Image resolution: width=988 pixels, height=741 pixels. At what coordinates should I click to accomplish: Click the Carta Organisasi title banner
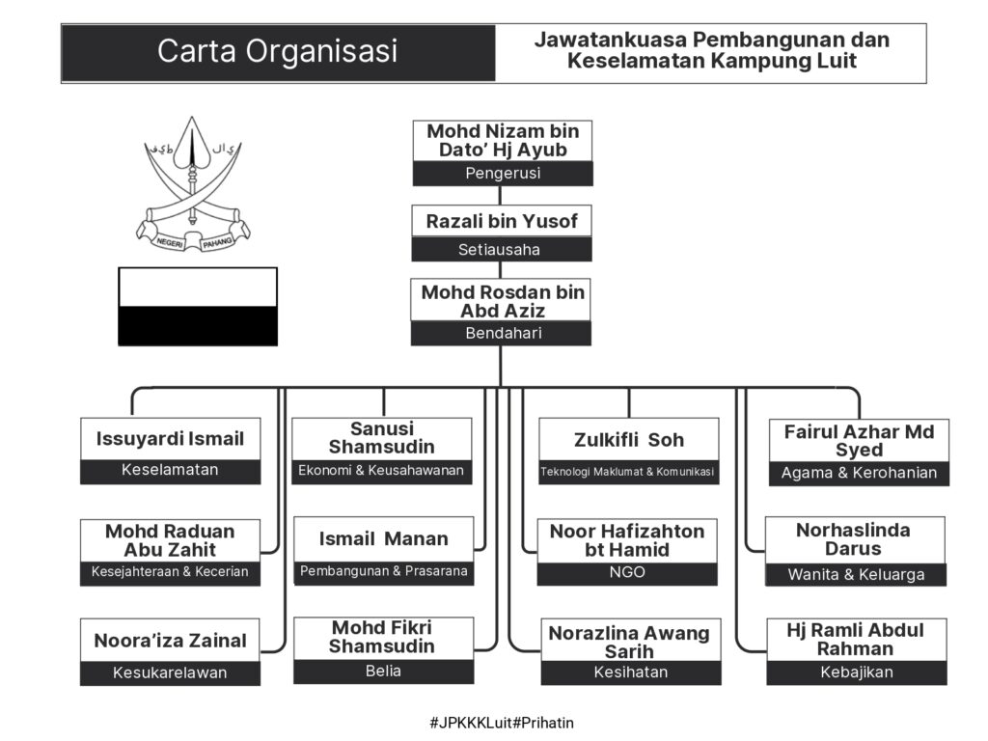278,52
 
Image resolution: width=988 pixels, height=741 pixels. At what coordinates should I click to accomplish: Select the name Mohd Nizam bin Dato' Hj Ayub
502,141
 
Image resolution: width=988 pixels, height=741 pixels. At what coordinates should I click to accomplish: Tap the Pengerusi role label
502,174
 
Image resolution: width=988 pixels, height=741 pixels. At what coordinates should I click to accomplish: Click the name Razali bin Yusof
502,222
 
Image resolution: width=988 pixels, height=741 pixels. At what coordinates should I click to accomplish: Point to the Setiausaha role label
502,250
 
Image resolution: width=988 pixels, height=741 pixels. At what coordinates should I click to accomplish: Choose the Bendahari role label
502,334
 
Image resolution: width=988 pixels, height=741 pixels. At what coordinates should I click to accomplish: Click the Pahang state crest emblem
193,187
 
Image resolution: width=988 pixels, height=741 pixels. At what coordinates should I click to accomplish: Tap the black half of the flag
197,325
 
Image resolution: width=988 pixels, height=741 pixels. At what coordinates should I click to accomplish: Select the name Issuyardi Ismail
170,439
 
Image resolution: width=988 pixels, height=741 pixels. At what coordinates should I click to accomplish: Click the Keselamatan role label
170,471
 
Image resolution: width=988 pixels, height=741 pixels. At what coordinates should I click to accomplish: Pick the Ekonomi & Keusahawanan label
381,472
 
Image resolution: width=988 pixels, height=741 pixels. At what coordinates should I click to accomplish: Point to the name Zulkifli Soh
627,440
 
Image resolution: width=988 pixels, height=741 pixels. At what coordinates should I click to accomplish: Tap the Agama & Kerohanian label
859,474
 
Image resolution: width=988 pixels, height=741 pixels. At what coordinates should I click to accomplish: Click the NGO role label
627,572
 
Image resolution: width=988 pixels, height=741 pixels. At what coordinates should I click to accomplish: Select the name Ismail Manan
383,538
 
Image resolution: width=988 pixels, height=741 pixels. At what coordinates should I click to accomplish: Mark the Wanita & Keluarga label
856,575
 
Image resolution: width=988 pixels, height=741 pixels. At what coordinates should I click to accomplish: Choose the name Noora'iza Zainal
170,641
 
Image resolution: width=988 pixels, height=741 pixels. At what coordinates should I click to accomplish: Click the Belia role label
383,672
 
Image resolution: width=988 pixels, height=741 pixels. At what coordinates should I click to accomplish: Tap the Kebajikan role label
856,672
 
